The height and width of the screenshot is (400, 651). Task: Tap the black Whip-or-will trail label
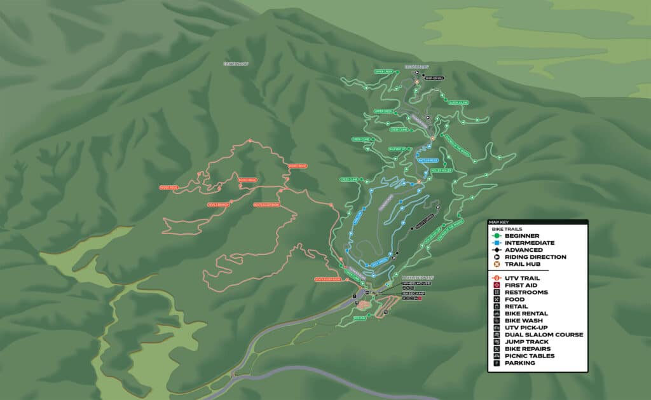(x=434, y=78)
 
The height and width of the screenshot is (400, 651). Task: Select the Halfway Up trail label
(x=397, y=149)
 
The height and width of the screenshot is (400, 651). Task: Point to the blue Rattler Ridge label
(x=428, y=160)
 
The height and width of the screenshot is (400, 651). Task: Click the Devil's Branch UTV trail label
(x=217, y=205)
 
